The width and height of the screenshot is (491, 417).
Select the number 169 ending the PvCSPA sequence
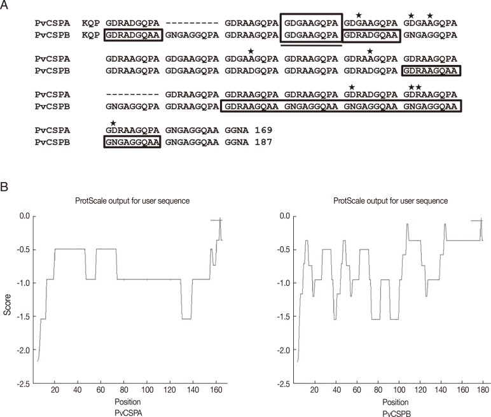(262, 131)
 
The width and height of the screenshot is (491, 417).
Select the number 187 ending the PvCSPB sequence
(262, 141)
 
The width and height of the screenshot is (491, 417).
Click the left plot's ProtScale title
(128, 201)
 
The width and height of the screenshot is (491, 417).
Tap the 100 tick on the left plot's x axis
(147, 393)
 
